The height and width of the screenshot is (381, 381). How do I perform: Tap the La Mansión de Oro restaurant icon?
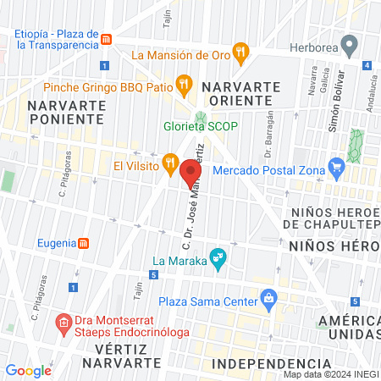click(x=241, y=52)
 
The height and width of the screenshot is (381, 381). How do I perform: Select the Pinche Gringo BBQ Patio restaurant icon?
click(x=182, y=84)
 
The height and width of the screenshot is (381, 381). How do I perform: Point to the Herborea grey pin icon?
click(x=348, y=44)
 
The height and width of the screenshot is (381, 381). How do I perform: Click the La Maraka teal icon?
click(x=218, y=256)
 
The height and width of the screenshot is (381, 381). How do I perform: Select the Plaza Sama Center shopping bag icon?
click(x=268, y=297)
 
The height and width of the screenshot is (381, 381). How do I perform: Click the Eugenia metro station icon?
click(x=83, y=243)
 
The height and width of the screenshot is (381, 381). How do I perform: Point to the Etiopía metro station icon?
click(x=106, y=40)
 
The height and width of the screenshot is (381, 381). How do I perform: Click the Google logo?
click(x=28, y=370)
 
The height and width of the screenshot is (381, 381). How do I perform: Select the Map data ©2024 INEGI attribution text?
click(x=330, y=374)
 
